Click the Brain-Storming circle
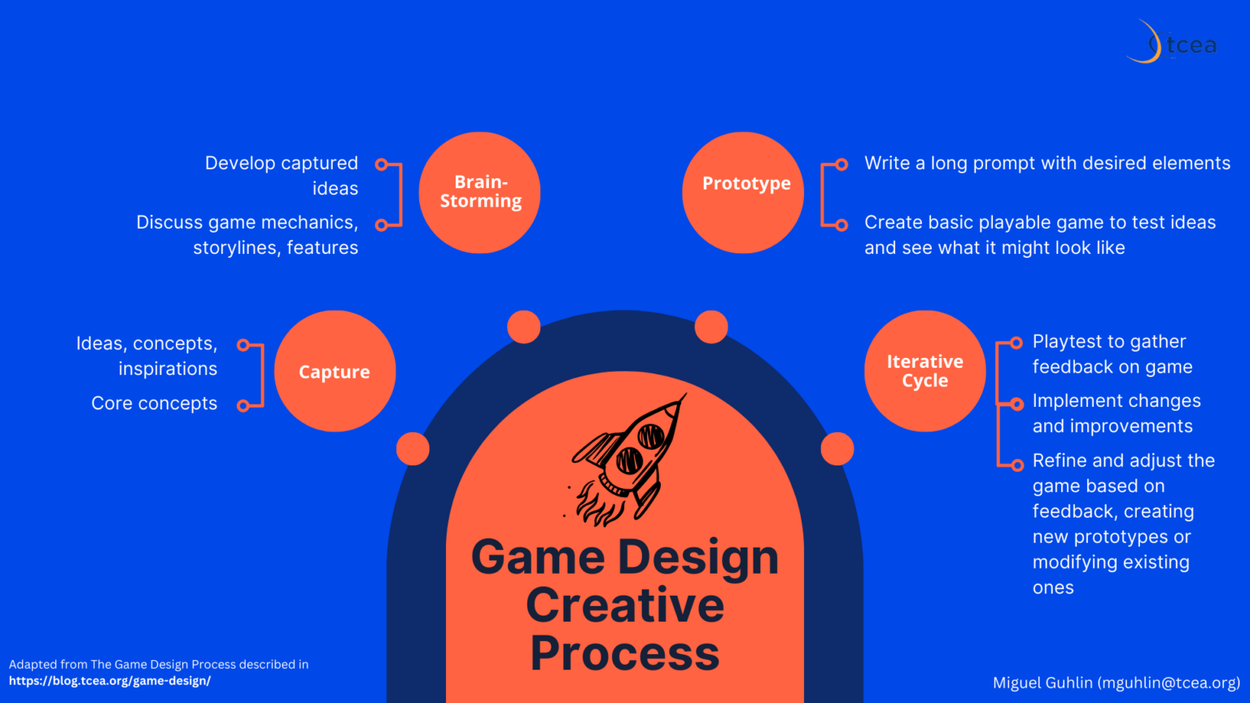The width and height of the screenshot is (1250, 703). click(480, 192)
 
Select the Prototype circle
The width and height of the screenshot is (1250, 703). click(743, 192)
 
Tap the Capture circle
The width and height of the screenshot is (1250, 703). click(334, 371)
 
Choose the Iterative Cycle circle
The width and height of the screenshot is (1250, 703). click(924, 371)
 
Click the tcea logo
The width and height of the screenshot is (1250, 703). click(1173, 43)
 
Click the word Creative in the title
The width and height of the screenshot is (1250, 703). click(625, 605)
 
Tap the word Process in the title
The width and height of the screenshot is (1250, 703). click(625, 653)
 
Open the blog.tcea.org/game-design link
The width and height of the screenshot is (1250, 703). click(110, 681)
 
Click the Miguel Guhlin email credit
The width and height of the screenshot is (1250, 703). click(1116, 683)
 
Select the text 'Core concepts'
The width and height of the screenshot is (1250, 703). click(155, 404)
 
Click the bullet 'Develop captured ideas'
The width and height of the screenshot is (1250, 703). click(282, 176)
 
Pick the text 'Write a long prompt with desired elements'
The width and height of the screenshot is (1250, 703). click(1047, 164)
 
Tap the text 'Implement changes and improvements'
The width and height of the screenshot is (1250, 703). click(1116, 413)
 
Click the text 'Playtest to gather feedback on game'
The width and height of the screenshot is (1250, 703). click(1112, 354)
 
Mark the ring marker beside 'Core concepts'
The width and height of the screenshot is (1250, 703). click(243, 405)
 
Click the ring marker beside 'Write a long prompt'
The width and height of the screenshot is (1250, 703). click(841, 164)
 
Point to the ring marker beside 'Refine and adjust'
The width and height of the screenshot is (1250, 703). click(1016, 465)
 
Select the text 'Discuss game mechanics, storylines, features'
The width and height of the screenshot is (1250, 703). click(247, 235)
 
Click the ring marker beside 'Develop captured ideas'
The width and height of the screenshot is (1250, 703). click(381, 164)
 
